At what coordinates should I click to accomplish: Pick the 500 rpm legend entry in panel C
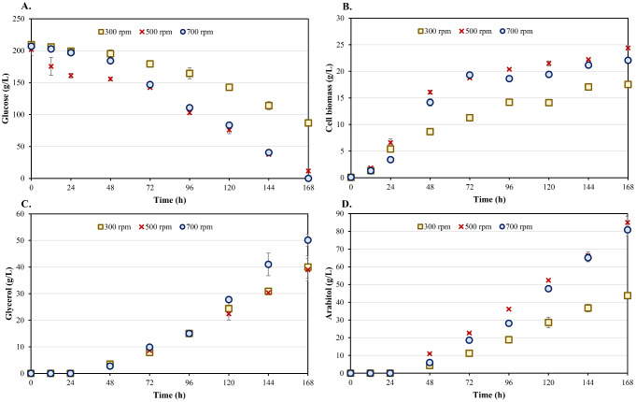[167, 227]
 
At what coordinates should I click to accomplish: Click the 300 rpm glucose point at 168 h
[308, 122]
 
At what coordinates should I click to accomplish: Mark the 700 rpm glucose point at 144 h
[268, 152]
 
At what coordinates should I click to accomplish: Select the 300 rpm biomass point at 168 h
[628, 84]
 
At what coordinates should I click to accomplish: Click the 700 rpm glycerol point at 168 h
[308, 240]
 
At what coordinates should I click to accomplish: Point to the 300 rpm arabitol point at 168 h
[628, 295]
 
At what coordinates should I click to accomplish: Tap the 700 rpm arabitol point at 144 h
[587, 257]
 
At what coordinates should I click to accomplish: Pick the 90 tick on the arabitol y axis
[339, 214]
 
